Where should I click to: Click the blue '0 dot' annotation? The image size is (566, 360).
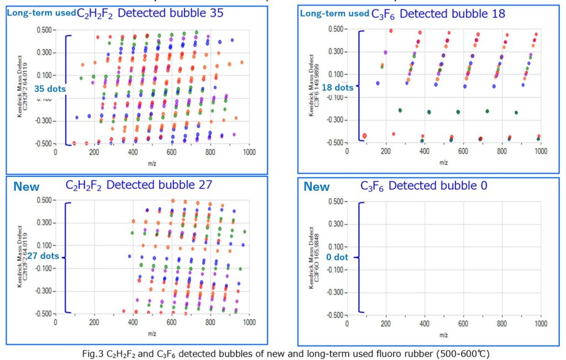[x=337, y=257]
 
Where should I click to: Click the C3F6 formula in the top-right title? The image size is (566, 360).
[x=384, y=14]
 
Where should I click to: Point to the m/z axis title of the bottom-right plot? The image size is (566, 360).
[x=443, y=335]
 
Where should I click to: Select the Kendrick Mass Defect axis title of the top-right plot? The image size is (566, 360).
[x=313, y=87]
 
